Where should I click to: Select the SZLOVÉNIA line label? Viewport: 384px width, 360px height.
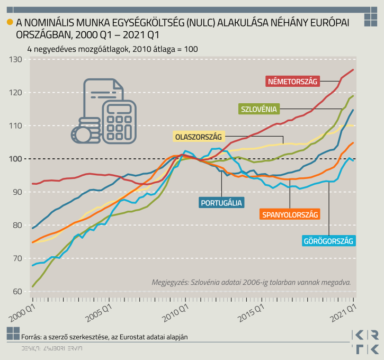(x=258, y=109)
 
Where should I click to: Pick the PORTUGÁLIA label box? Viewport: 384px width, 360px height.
(x=221, y=202)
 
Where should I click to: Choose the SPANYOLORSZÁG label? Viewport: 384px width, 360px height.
(x=290, y=214)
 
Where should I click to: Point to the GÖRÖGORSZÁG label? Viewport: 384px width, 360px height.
(x=328, y=241)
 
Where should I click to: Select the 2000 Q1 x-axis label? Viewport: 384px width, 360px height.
(x=22, y=311)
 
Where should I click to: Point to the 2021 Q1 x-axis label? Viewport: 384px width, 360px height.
(x=344, y=311)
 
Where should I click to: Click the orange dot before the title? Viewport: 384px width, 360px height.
(x=10, y=22)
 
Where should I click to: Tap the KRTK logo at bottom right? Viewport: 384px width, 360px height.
(x=365, y=342)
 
